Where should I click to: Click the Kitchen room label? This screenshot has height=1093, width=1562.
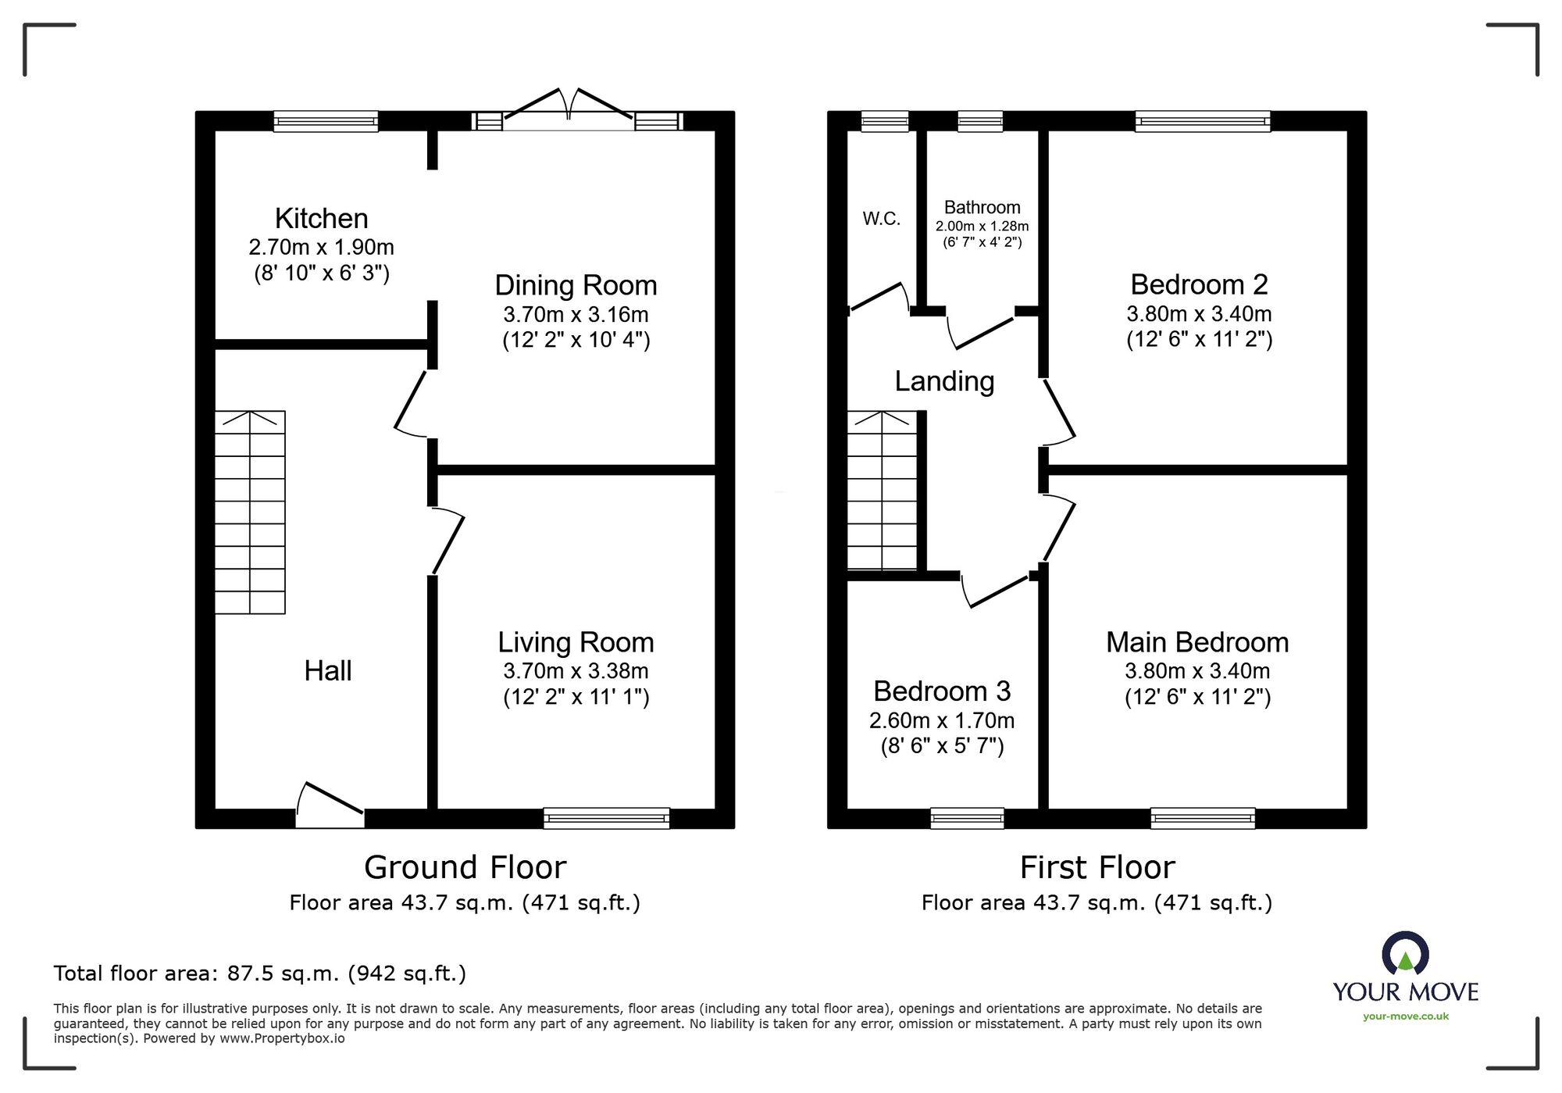coord(321,218)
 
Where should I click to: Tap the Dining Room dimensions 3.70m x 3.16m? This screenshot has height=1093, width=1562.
coord(576,314)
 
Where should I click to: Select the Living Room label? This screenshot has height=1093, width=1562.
coord(576,642)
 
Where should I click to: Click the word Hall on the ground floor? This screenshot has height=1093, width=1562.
coord(327,670)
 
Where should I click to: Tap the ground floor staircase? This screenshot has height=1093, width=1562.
coord(250,512)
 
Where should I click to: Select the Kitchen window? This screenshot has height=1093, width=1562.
coord(326,121)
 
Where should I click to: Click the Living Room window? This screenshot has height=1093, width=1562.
coord(606,818)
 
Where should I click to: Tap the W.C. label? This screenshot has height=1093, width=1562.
coord(881,219)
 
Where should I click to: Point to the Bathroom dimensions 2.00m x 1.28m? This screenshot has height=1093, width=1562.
coord(982,226)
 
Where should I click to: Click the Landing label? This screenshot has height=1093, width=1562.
coord(944,381)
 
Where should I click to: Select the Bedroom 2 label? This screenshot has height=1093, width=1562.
coord(1199,284)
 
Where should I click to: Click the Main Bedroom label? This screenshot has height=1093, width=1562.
coord(1197,642)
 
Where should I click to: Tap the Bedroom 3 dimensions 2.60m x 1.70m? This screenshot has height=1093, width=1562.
coord(942,720)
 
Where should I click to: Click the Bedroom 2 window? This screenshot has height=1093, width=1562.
coord(1203,121)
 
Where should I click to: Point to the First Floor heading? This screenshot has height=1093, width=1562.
coord(1097,867)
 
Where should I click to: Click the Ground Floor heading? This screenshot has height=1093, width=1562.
coord(465,867)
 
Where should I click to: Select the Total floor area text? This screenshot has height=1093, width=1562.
coord(259,973)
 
